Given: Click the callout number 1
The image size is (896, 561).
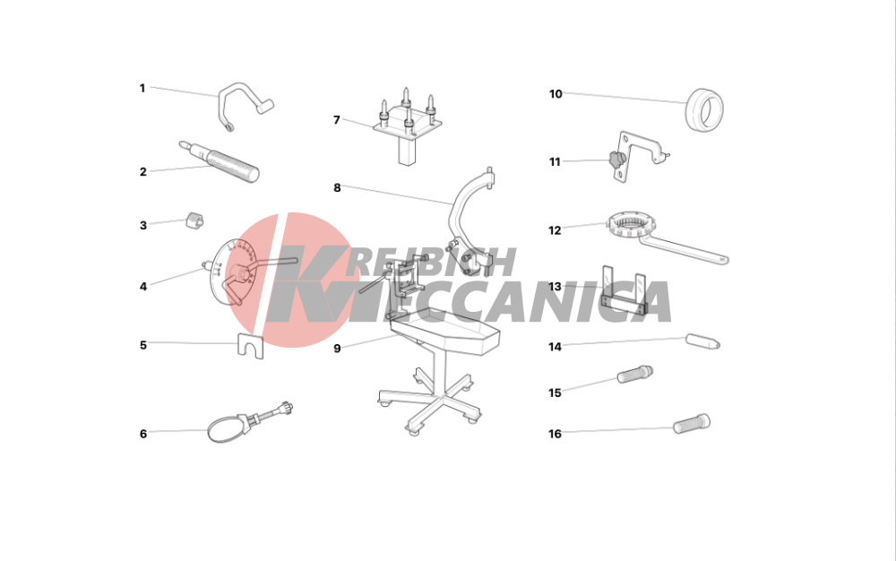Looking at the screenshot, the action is tap(142, 89).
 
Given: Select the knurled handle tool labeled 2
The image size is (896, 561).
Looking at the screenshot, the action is tap(220, 161).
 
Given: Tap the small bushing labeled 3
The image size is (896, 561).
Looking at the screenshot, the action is tap(194, 220).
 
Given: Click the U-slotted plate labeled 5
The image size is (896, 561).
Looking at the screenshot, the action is tap(250, 347).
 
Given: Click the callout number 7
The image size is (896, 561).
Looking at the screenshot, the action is tap(337, 120).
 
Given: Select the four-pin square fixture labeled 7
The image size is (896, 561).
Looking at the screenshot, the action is tap(408, 126).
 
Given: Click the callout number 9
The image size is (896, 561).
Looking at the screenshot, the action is tap(337, 349).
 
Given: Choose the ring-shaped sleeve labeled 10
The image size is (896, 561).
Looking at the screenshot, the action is tap(704, 109).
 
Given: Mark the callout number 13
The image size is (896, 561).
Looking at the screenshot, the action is tap(555, 287).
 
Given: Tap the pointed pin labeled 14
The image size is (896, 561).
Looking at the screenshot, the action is tap(702, 341).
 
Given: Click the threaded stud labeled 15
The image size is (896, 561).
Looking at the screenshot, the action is tap(635, 375).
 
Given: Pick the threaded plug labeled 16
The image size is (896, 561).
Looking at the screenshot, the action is tap(692, 424).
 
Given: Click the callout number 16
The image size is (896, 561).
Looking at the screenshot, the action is tap(555, 434).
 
